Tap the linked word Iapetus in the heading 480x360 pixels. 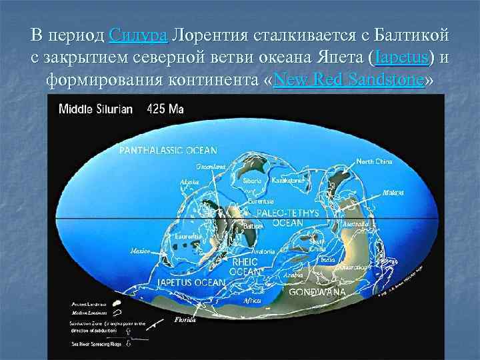[402, 58]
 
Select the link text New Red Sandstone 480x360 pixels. [349, 81]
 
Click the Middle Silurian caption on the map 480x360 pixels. [96, 109]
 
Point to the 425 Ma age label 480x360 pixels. [161, 109]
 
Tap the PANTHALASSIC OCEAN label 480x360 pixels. [168, 151]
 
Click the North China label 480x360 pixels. [374, 161]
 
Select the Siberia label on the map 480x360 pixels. [252, 180]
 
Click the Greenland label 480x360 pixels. [209, 166]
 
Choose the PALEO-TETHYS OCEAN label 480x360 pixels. [288, 217]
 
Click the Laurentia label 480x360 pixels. [190, 236]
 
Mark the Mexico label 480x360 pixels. [139, 251]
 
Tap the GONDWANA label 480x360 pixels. [317, 292]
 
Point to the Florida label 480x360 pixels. [185, 320]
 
